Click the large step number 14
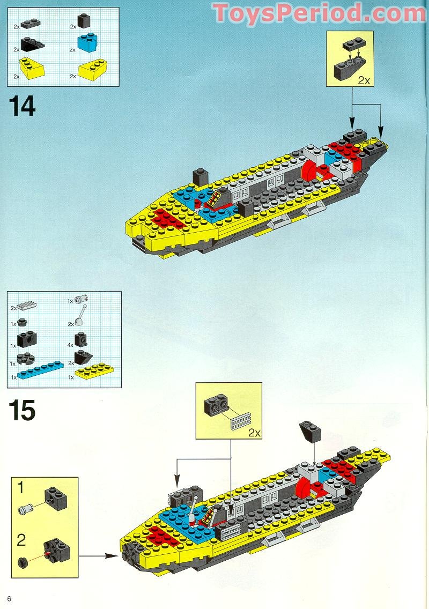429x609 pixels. pos(21,106)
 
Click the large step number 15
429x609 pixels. pos(21,410)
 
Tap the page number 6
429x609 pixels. pos(9,598)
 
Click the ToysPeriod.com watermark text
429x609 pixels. pos(320,13)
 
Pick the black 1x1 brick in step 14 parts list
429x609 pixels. pos(84,21)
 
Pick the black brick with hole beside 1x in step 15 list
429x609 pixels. pos(26,339)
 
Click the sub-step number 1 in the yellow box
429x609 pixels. pos(21,488)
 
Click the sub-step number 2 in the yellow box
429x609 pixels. pos(21,539)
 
